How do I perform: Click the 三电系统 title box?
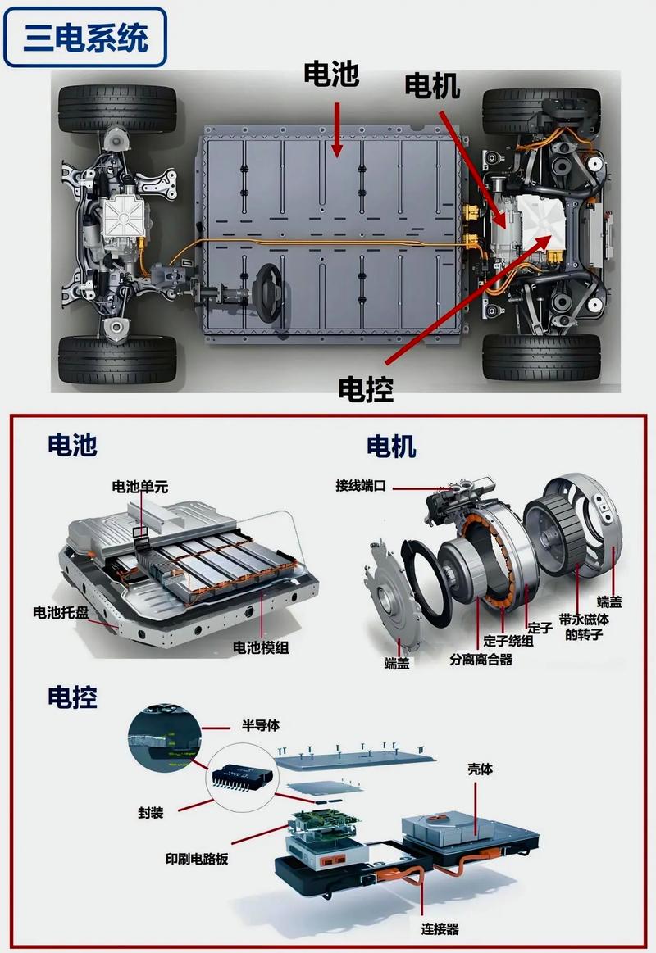pos(85,37)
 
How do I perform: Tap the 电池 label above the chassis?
pos(331,74)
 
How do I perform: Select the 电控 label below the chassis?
pos(366,389)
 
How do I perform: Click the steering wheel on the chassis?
pos(268,293)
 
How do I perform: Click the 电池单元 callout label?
pos(140,487)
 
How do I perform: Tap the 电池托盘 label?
pos(61,613)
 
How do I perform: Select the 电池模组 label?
pos(261,647)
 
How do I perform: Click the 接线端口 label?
pos(361,486)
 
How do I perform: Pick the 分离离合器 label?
pos(481,660)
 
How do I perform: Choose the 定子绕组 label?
pos(508,642)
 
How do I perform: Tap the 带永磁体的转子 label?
pos(584,627)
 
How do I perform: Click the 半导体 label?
pos(260,725)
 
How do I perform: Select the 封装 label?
pos(150,813)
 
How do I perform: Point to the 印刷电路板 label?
pos(197,859)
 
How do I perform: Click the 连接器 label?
pos(440,928)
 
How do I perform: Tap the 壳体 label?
pos(480,769)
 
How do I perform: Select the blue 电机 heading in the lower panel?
pos(391,447)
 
